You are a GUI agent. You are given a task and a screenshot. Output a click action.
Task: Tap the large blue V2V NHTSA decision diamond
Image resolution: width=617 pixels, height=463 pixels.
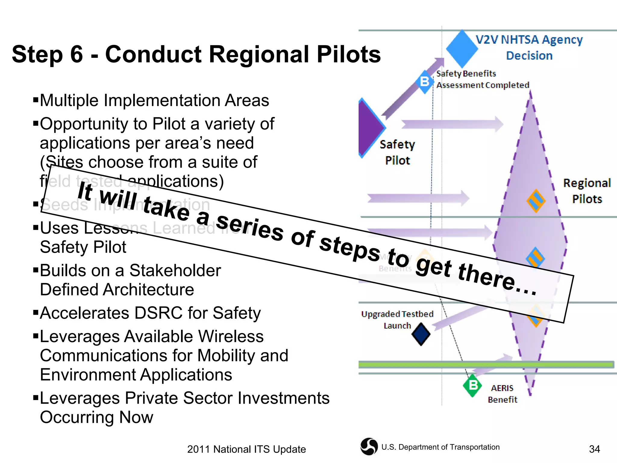click(x=462, y=49)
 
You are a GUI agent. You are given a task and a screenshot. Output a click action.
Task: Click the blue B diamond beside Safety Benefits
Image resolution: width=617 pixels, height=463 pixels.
click(x=425, y=82)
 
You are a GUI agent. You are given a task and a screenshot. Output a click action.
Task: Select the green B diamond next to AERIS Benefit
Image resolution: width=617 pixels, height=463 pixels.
click(x=473, y=385)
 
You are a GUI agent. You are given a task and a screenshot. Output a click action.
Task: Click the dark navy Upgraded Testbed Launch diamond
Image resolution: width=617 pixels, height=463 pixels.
click(x=421, y=334)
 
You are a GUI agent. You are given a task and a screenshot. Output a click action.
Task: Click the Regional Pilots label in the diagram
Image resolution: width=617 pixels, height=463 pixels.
click(x=587, y=191)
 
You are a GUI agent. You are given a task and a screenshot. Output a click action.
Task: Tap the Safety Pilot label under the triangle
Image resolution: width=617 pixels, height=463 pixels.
click(x=397, y=153)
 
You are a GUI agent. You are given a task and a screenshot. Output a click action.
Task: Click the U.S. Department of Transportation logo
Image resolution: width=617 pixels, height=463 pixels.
click(x=369, y=446)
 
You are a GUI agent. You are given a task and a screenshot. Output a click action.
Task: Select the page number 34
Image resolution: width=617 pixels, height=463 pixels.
click(x=594, y=449)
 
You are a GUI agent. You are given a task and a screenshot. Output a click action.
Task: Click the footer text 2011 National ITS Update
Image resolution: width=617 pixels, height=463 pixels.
click(x=246, y=449)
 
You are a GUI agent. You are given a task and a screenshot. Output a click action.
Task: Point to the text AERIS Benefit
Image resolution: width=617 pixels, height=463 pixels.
click(x=502, y=394)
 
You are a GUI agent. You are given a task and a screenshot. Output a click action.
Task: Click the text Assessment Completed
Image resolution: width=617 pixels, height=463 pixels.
click(x=483, y=85)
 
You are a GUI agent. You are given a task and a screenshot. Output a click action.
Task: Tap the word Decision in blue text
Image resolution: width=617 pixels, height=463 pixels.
click(x=529, y=56)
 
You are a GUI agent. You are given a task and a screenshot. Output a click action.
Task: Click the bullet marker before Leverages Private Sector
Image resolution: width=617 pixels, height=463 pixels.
click(x=36, y=397)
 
